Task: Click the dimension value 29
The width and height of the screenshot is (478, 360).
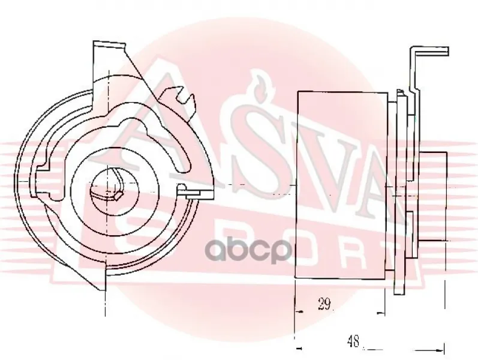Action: [324, 304]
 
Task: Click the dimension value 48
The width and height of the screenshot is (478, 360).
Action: [353, 341]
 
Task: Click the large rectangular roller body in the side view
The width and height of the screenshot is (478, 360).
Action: [341, 185]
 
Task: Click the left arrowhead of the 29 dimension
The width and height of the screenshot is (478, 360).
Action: [300, 312]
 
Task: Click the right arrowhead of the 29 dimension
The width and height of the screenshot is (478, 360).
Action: [381, 313]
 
